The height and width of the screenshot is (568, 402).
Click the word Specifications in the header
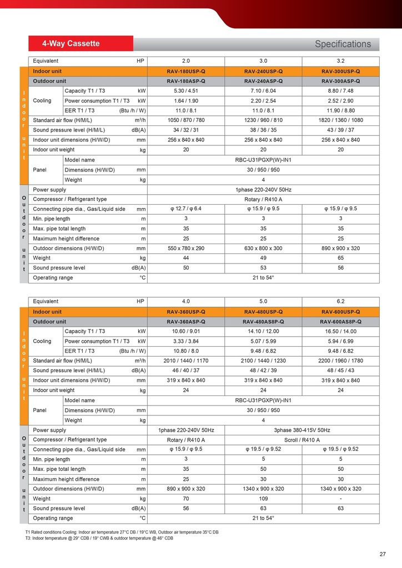pos(343,44)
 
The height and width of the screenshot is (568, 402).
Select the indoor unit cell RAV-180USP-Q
pos(186,72)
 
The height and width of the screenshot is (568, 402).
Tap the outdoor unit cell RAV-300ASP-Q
pos(341,81)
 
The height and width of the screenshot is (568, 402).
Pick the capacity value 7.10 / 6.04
pos(263,91)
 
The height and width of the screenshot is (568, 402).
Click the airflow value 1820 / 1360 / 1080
pos(341,120)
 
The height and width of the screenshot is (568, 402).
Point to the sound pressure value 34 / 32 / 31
pos(186,130)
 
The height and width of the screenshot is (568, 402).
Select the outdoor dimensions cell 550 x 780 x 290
pos(186,248)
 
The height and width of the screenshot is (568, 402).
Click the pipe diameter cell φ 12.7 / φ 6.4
pos(186,209)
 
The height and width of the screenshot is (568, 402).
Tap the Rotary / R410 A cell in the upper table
pos(263,200)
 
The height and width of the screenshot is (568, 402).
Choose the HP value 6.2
pos(341,301)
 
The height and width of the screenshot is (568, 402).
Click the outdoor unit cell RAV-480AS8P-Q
pos(263,322)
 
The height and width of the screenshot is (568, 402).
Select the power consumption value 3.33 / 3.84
pos(186,341)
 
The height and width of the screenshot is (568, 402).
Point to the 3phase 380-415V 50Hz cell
pos(302,430)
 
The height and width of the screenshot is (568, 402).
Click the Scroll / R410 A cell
pos(302,440)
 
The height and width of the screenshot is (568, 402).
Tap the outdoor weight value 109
pos(263,499)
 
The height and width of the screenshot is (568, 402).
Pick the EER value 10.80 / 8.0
pos(186,351)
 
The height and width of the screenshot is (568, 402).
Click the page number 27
pos(383,554)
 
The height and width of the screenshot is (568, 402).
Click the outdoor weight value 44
pos(186,258)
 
